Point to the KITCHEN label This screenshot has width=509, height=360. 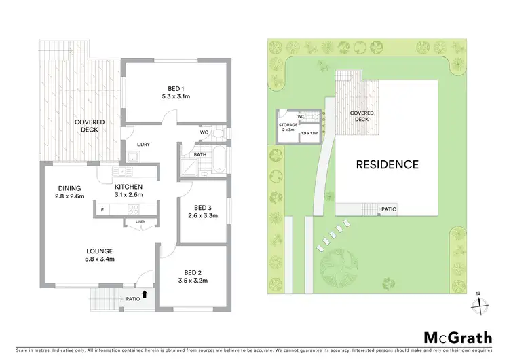pos(128,187)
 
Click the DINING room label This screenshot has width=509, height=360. pos(69,188)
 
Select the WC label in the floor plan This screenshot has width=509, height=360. pos(203,132)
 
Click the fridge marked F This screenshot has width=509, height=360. pos(102,210)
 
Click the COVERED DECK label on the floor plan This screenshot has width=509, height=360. pos(86,126)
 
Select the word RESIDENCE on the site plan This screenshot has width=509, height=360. pos(388,164)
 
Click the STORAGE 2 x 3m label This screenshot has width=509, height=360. pos(288,128)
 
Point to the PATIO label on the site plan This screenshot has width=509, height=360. pos(389,209)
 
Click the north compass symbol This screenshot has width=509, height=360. pos(480,304)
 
